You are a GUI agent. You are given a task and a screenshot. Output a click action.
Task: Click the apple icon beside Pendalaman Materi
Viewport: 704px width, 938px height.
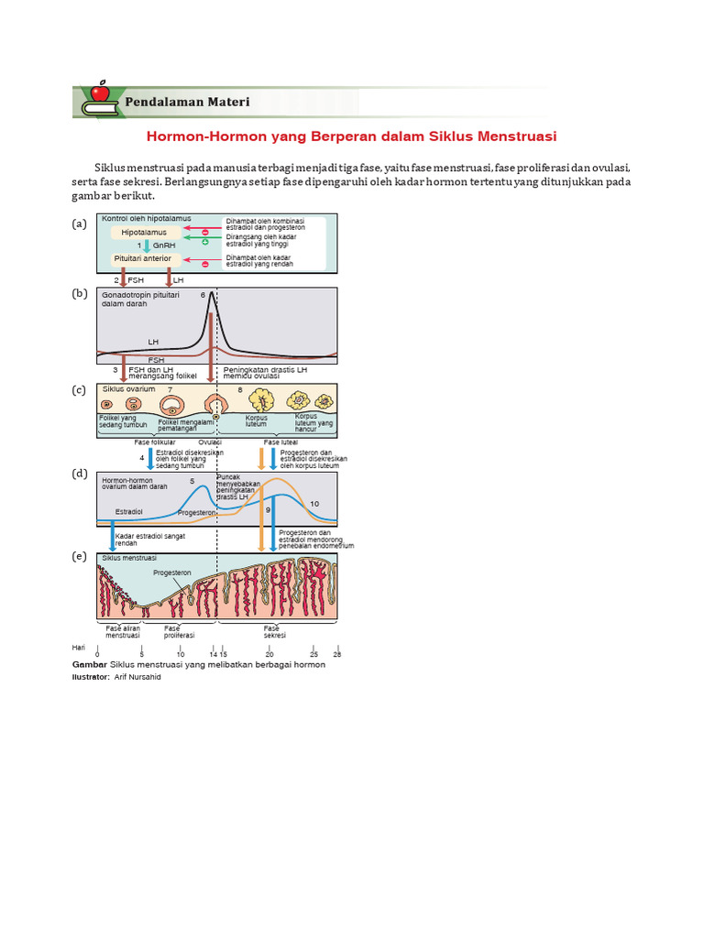(99, 93)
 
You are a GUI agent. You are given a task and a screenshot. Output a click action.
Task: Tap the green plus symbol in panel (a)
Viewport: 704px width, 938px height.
(205, 242)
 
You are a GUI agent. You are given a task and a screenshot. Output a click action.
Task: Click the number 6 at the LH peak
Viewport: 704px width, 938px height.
(203, 296)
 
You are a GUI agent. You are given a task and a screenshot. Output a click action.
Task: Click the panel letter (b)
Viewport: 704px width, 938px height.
(79, 294)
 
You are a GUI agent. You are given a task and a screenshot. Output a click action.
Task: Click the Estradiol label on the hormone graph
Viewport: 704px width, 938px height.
(128, 510)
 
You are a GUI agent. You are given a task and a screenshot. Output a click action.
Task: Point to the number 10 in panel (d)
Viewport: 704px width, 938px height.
(314, 504)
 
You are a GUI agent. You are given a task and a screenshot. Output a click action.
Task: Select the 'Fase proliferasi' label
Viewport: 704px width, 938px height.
(172, 632)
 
